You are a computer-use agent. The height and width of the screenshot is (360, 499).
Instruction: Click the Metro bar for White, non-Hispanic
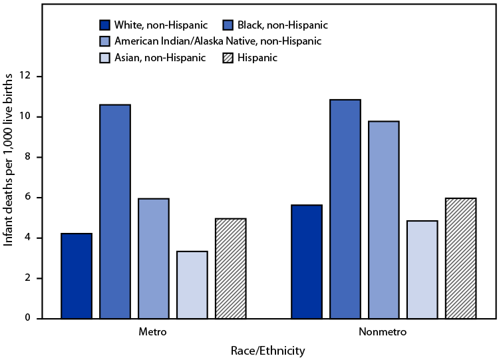coord(77,276)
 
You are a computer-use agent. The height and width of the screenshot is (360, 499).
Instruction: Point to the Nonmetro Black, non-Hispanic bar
coord(345,209)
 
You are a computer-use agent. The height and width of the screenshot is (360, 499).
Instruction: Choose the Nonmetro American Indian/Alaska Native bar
coord(383,220)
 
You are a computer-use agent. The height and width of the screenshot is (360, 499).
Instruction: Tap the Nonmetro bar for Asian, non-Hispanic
coord(422,270)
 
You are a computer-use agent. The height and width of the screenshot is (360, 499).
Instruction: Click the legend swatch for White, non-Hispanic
coord(105,25)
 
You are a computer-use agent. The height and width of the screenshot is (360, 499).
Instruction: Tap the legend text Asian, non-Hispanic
coord(160,58)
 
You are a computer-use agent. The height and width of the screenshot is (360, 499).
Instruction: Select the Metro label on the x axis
coord(153,331)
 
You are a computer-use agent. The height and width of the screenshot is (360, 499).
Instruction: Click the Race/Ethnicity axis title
coord(268,350)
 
